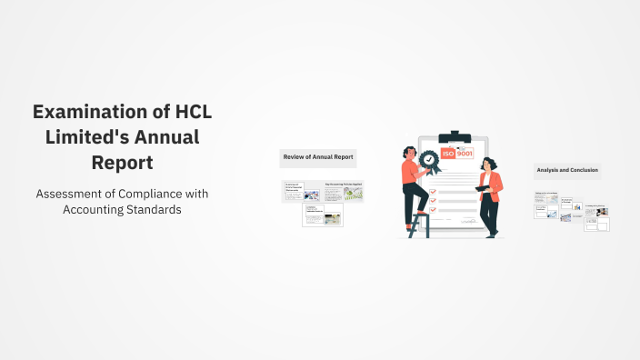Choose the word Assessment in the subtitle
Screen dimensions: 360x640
click(x=72, y=194)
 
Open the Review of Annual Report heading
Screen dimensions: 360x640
click(x=318, y=157)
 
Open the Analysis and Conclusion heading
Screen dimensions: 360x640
click(x=568, y=170)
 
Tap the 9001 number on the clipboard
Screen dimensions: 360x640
click(x=465, y=154)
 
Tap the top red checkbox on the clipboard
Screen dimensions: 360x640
click(x=435, y=179)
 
